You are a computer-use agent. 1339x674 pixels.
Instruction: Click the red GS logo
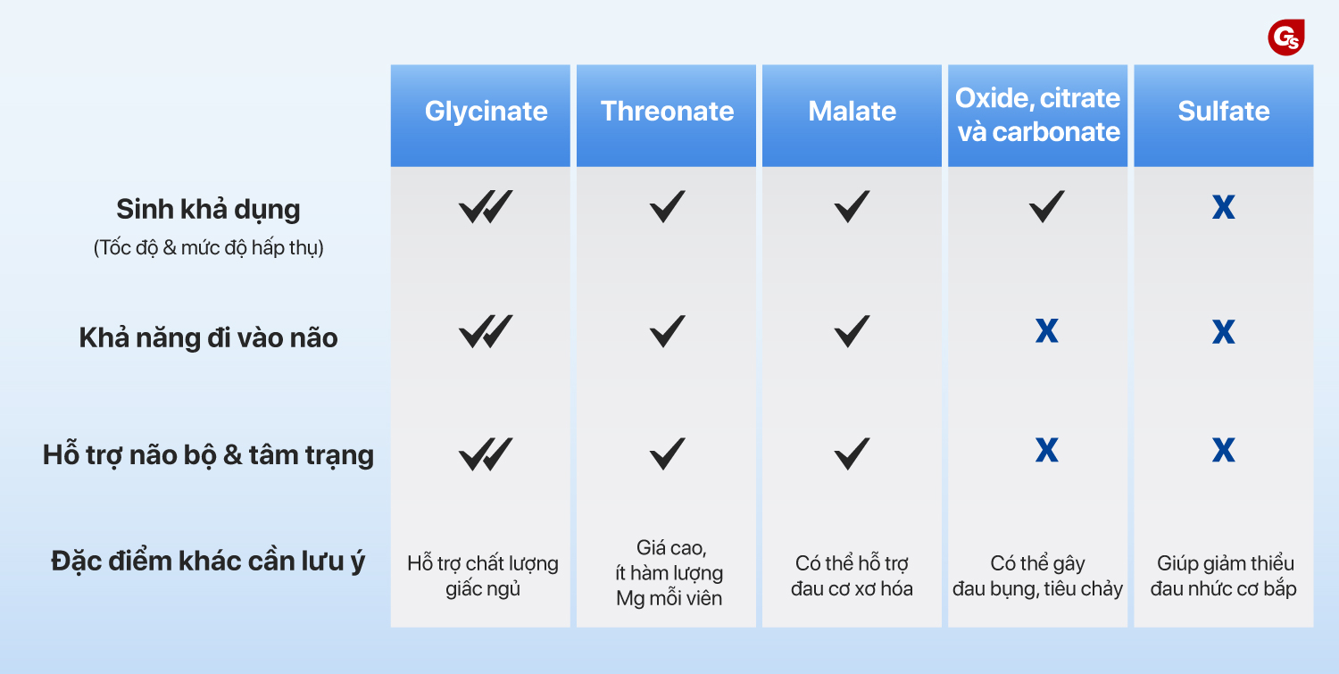[1285, 37]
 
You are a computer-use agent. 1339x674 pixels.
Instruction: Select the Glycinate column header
[486, 112]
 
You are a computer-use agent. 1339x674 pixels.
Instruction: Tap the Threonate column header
[667, 112]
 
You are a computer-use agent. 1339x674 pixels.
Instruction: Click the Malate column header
[852, 112]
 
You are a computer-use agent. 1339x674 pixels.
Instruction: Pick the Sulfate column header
[1224, 112]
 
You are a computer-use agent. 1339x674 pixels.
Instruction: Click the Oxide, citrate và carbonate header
[1037, 115]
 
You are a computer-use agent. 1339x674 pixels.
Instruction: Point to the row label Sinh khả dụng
[208, 210]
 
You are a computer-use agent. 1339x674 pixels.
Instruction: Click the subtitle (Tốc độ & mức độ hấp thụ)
[208, 247]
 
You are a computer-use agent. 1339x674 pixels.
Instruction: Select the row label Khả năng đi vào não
[208, 338]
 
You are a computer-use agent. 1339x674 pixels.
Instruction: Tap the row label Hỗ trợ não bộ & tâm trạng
[208, 455]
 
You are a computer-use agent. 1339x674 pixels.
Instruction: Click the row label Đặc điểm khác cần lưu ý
[208, 562]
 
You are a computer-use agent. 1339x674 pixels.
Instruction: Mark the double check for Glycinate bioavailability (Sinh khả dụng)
[486, 207]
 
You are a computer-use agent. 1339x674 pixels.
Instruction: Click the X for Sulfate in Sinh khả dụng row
[1224, 207]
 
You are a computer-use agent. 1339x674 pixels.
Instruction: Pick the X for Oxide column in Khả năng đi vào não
[1047, 330]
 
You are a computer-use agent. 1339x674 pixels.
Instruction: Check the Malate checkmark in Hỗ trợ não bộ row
[852, 453]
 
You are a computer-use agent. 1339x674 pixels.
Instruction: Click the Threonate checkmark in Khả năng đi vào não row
[667, 330]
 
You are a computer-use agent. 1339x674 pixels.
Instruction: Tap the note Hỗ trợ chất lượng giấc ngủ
[483, 576]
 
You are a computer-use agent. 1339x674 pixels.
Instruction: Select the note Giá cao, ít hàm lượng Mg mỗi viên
[669, 573]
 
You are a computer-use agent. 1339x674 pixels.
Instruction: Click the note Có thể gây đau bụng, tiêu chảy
[1037, 576]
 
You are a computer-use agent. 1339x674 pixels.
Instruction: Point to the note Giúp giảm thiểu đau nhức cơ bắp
[1224, 576]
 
